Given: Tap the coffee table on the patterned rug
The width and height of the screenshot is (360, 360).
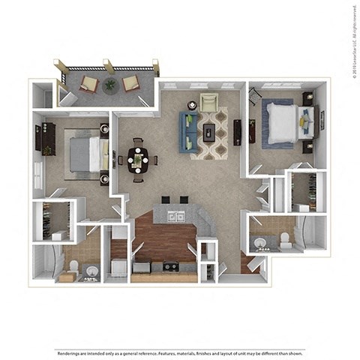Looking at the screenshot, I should pos(210,133).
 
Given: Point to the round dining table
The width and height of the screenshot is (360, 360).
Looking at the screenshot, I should pos(138,159).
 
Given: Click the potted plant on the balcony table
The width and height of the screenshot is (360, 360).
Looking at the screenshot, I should pos(110,85).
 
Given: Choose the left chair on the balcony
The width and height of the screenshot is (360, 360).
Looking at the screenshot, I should pos(88,82).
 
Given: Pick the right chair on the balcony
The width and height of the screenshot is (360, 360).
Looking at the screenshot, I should pos(130,82).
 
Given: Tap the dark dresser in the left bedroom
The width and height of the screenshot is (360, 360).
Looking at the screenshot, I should pos(45,139).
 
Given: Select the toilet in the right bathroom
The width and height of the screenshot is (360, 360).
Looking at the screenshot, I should pos(284,239).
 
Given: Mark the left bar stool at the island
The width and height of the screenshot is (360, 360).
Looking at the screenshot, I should pos(165,200).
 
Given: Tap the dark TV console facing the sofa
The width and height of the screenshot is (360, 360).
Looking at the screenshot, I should pos(238,133).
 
